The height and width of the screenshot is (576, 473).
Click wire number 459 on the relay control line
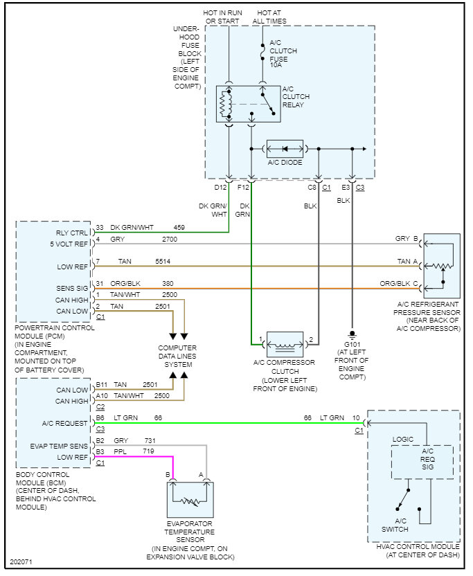click(179, 227)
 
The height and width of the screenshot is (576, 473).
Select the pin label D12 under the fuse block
click(221, 188)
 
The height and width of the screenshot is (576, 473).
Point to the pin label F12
click(244, 188)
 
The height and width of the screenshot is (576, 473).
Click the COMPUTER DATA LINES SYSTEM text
click(177, 356)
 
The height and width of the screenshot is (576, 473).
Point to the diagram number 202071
click(22, 561)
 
